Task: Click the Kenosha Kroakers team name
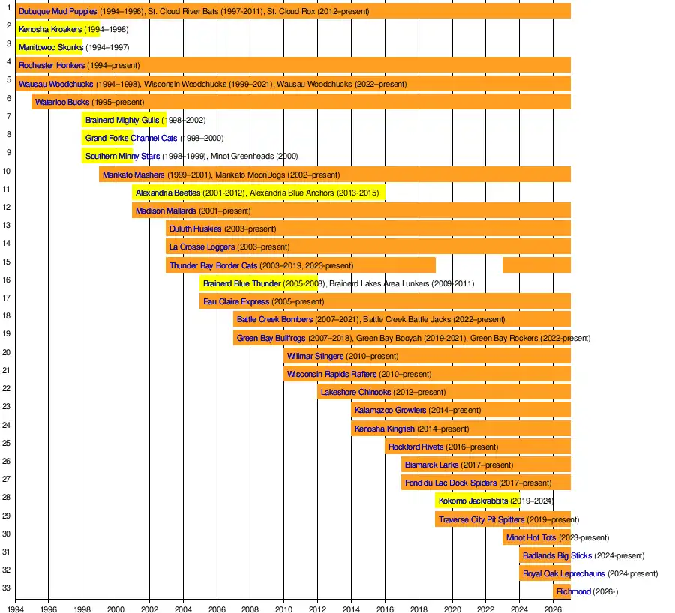(50, 30)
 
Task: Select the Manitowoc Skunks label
(50, 48)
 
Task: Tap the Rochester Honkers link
(52, 66)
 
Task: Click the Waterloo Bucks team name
(62, 102)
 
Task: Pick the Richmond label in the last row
(574, 592)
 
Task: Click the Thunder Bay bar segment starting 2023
(536, 265)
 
